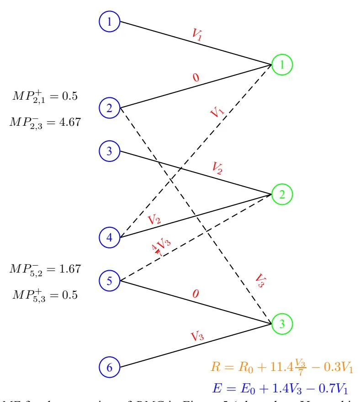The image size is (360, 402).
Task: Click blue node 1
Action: click(x=109, y=21)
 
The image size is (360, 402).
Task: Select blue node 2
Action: click(x=109, y=108)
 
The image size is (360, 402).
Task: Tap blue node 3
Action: click(x=109, y=151)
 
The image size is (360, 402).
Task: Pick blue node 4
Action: click(x=109, y=237)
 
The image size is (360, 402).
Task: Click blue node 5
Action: click(x=109, y=281)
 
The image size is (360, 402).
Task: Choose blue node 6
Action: click(x=109, y=367)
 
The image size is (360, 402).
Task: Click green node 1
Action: click(x=282, y=65)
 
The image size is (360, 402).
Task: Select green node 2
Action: click(x=282, y=194)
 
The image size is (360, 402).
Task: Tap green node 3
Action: click(x=282, y=324)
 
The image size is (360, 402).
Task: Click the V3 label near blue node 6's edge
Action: click(x=197, y=337)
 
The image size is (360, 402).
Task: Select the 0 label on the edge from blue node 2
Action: click(x=196, y=77)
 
